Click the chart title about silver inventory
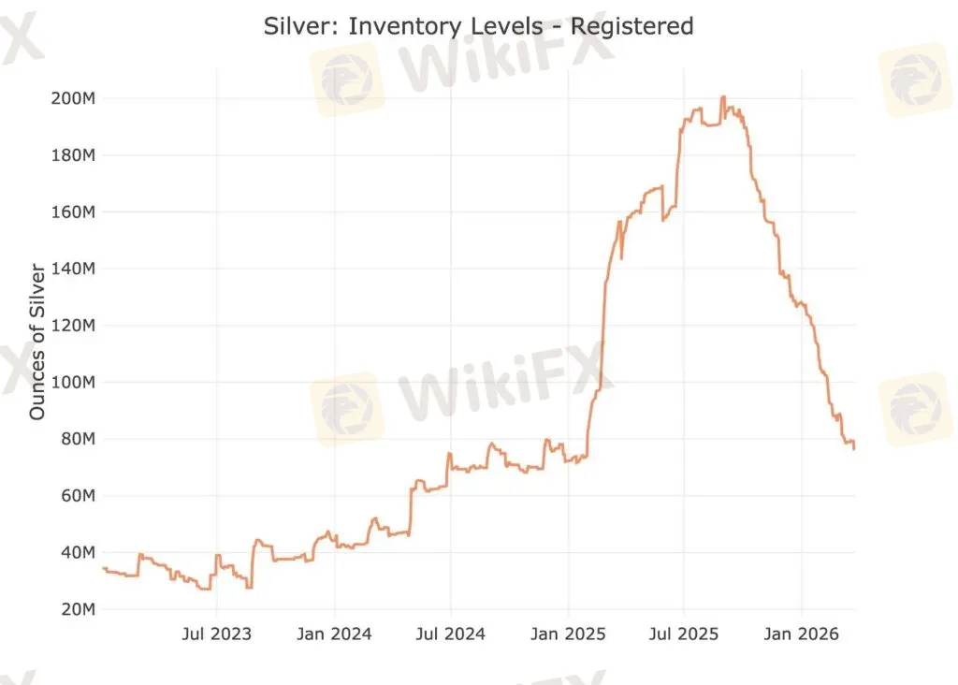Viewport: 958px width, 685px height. click(x=479, y=26)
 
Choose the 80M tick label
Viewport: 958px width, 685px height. click(x=76, y=439)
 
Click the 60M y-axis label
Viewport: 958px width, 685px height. click(x=76, y=496)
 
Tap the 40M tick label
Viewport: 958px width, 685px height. click(x=76, y=553)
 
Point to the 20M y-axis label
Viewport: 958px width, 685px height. click(x=76, y=609)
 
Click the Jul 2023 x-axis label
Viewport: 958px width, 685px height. click(x=216, y=634)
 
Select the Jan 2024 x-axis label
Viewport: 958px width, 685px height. click(x=335, y=634)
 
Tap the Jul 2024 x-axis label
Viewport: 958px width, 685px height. click(x=451, y=634)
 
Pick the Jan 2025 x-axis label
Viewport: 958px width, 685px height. click(x=569, y=634)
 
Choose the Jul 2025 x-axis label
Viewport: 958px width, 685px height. click(x=684, y=634)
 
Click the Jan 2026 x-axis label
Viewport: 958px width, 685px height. click(x=802, y=634)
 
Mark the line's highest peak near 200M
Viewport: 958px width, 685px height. click(x=722, y=97)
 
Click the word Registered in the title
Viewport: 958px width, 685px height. click(x=631, y=26)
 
